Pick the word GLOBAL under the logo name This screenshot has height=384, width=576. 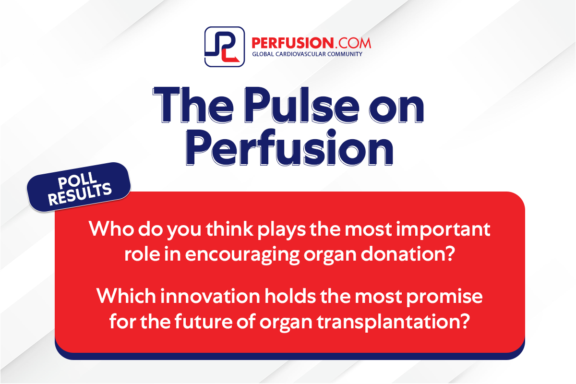tap(264, 54)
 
